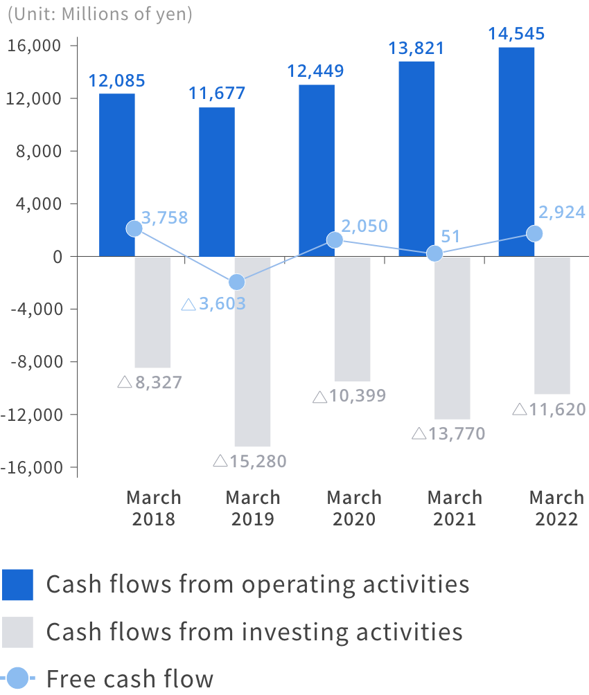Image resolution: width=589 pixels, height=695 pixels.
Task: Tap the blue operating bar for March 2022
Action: (x=516, y=152)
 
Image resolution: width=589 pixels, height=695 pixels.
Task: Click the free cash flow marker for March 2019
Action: (x=236, y=282)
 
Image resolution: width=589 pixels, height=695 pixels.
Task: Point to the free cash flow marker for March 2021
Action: (x=434, y=253)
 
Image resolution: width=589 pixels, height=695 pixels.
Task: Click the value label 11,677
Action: (x=217, y=93)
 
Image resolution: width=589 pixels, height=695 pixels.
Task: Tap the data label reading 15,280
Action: (x=249, y=461)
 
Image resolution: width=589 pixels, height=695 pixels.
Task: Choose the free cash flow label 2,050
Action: (x=364, y=226)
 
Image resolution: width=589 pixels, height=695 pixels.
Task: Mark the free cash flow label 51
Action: (x=450, y=236)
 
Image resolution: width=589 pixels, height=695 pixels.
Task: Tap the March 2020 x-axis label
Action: (x=353, y=508)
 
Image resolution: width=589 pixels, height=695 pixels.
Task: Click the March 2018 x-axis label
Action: (x=154, y=508)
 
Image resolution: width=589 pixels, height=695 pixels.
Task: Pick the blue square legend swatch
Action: (x=18, y=585)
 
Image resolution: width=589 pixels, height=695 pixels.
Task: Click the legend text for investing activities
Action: (x=254, y=631)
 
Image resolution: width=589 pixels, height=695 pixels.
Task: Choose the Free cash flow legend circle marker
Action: (x=18, y=678)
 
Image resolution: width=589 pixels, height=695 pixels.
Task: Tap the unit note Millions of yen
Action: (x=99, y=14)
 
